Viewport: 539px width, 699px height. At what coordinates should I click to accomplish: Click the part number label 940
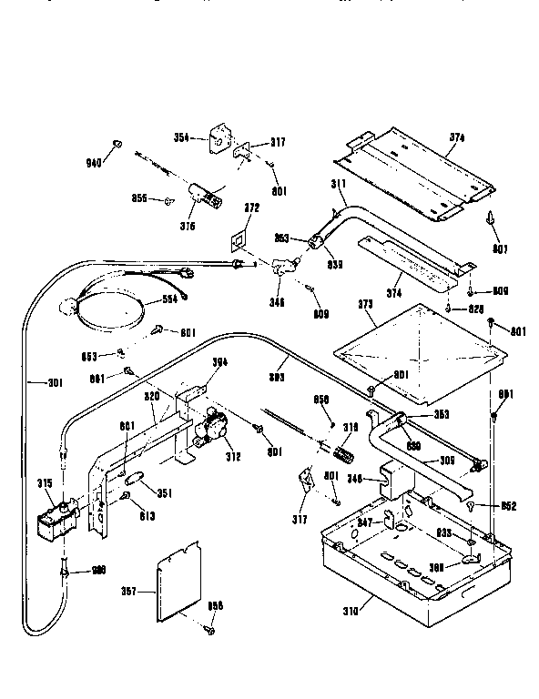click(91, 165)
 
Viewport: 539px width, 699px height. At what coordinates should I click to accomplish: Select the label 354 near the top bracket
click(181, 137)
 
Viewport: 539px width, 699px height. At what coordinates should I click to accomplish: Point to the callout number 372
click(251, 208)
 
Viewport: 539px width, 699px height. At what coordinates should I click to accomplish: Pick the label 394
click(219, 362)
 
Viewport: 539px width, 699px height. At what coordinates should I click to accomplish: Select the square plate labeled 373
click(414, 350)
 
